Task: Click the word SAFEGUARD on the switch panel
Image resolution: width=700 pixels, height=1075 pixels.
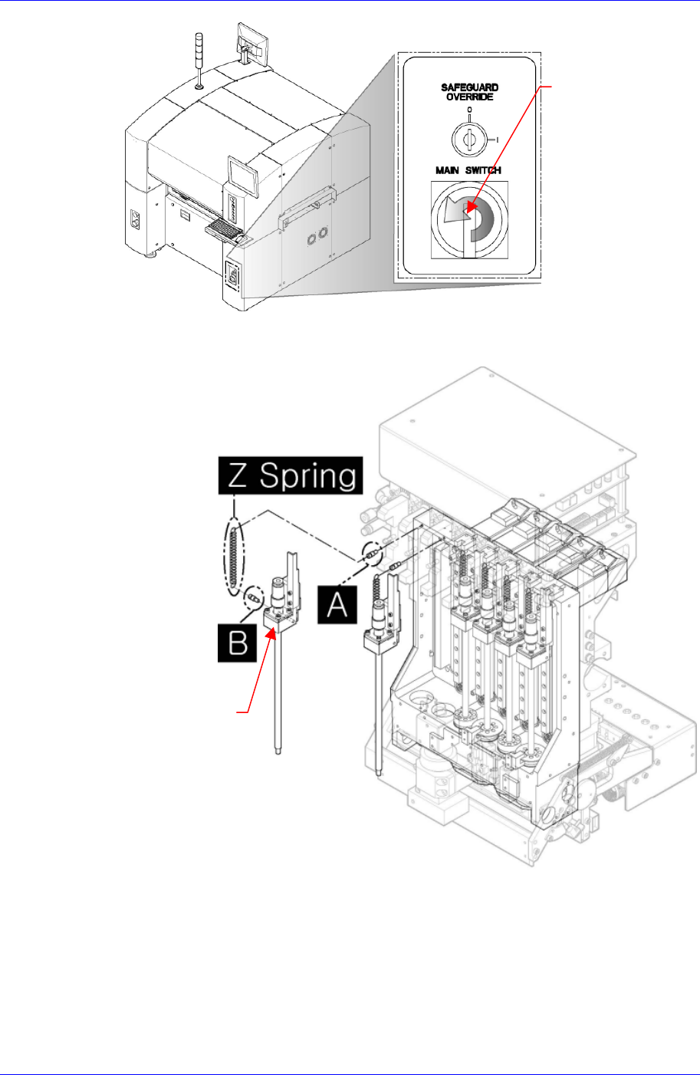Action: (469, 88)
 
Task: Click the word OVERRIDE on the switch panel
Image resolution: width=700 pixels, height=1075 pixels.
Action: (469, 97)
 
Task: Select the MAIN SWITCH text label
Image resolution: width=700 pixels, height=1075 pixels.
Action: (468, 170)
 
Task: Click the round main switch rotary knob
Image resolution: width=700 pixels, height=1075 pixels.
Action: (467, 219)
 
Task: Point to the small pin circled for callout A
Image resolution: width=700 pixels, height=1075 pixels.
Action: (370, 551)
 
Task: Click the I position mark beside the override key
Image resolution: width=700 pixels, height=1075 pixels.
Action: (498, 139)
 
